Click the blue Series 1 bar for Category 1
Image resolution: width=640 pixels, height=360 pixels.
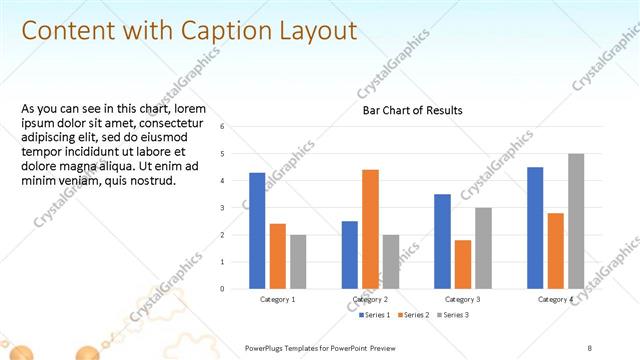pos(257,231)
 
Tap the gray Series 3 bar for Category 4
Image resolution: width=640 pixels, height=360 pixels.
pos(576,221)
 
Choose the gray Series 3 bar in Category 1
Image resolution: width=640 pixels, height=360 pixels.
pos(298,262)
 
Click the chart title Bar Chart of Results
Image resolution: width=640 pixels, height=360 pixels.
pos(412,110)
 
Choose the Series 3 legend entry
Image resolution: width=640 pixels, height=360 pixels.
pos(451,315)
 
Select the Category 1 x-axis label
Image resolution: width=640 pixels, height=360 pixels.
pos(277,299)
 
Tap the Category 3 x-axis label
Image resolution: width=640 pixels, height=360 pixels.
pos(463,299)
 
